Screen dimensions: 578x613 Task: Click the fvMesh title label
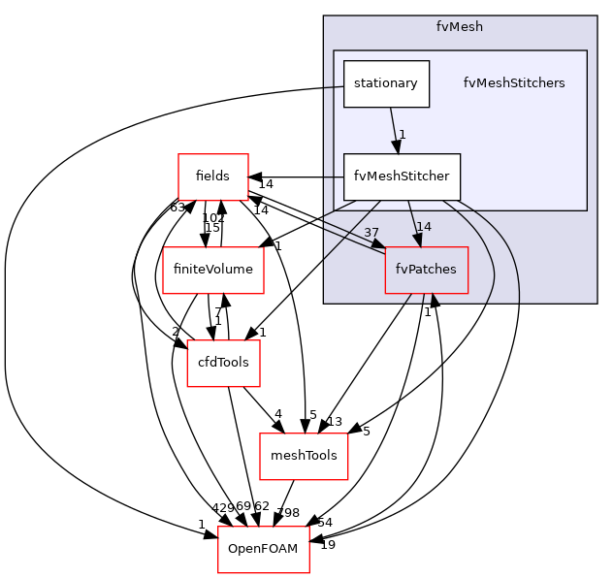[459, 26]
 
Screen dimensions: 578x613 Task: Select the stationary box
[385, 83]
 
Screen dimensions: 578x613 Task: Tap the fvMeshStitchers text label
[513, 83]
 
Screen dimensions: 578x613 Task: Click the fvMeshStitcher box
[401, 177]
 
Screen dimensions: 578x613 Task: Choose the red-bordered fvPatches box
[426, 270]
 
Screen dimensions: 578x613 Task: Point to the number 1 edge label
[402, 135]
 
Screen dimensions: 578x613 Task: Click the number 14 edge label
[423, 227]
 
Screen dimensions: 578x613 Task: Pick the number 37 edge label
[371, 233]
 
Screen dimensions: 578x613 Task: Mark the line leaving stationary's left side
[333, 87]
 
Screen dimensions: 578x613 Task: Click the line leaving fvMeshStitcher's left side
[333, 177]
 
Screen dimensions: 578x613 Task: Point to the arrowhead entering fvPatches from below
[434, 301]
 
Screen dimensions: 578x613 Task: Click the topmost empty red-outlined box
[213, 177]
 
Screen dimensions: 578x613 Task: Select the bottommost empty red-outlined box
[263, 550]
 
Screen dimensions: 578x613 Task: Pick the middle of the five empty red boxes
[223, 364]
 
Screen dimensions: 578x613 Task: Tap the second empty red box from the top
[213, 271]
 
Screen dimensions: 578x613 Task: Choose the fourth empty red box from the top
[304, 457]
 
